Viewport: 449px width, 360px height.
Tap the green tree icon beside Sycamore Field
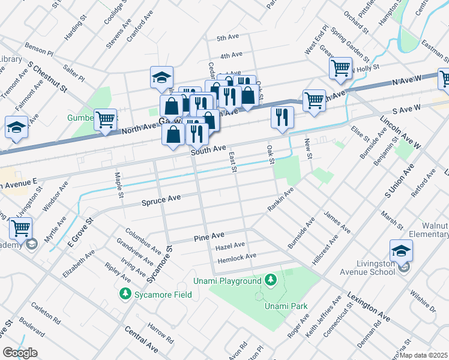click(x=125, y=294)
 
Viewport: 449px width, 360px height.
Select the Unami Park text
click(x=286, y=306)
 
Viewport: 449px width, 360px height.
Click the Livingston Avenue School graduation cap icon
click(x=401, y=251)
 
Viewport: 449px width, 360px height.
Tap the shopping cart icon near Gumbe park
click(x=105, y=119)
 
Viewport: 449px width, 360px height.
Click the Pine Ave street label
click(x=209, y=238)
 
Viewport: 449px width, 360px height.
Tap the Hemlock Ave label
click(x=236, y=256)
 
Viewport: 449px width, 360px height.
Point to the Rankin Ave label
click(x=280, y=200)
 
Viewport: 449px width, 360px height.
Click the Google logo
click(x=20, y=353)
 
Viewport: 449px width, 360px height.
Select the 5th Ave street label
click(x=228, y=38)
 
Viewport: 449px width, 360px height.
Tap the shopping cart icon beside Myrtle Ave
click(x=20, y=228)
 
